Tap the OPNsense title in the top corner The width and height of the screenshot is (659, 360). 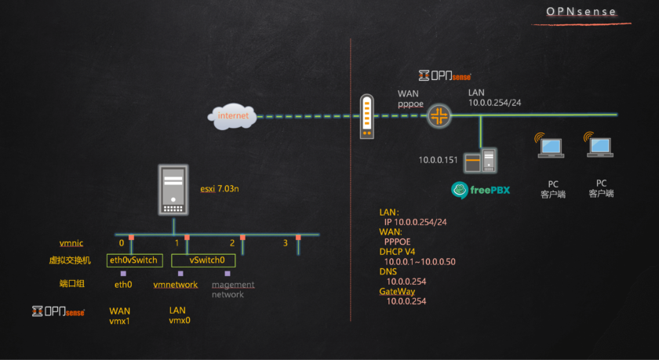tap(581, 12)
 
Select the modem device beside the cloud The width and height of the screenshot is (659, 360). tap(366, 117)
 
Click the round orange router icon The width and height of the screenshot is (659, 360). tap(439, 118)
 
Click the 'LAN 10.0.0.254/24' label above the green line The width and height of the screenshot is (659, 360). tap(495, 97)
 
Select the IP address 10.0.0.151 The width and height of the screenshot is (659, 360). tap(437, 159)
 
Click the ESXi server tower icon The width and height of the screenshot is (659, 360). tap(174, 190)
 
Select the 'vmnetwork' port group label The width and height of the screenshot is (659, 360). tap(176, 285)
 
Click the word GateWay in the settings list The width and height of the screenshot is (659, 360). tap(399, 291)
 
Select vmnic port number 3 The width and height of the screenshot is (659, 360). tap(286, 243)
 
